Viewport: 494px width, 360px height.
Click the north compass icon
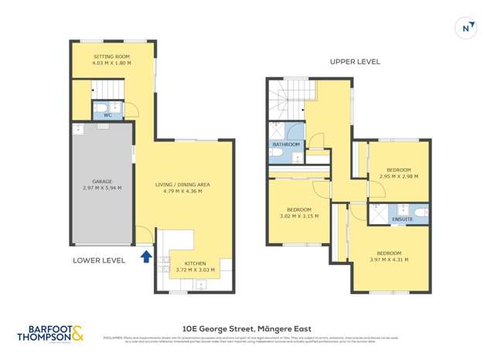(465, 28)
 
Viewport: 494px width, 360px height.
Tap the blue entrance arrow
(146, 256)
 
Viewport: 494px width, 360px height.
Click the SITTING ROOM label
(112, 56)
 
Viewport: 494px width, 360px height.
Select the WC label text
(107, 114)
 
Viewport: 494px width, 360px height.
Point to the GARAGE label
(102, 182)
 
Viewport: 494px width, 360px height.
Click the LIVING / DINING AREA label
(182, 185)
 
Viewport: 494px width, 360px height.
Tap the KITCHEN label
(194, 263)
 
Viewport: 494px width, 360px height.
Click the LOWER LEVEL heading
(99, 260)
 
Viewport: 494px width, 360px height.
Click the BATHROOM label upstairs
(285, 144)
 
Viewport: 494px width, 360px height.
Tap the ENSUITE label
(402, 220)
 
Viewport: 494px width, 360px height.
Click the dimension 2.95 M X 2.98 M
(398, 176)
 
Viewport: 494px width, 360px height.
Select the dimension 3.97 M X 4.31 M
(388, 260)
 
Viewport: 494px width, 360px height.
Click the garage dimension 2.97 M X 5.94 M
(102, 188)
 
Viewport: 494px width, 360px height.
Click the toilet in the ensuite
(420, 210)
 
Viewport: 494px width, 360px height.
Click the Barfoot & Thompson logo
(51, 333)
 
